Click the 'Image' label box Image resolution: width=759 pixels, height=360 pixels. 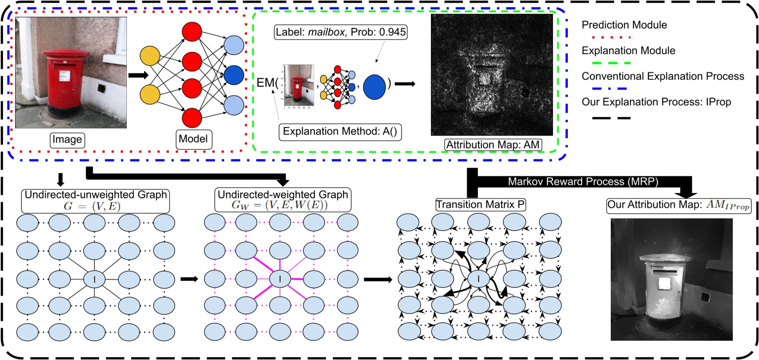67,140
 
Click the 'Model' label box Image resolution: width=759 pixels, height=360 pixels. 193,139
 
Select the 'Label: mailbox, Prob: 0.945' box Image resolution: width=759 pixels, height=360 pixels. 341,32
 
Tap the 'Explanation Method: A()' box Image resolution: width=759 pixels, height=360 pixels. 340,132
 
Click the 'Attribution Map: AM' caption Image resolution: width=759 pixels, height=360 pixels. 493,145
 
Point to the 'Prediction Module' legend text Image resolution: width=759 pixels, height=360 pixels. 624,25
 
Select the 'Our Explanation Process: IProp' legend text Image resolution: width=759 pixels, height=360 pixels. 656,102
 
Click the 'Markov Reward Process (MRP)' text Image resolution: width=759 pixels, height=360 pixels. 583,182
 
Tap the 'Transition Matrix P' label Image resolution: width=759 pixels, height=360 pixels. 481,205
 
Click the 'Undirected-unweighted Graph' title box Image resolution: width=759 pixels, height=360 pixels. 96,200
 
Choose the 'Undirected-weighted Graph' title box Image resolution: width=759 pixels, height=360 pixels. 283,200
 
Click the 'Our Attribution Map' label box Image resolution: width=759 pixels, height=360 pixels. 678,205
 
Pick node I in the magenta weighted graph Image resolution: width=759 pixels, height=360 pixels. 280,279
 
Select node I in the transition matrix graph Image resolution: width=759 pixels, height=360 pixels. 478,279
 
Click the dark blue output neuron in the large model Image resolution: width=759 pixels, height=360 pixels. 234,75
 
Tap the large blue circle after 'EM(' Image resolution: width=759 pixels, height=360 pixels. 374,86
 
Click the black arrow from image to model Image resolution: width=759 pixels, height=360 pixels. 138,75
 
